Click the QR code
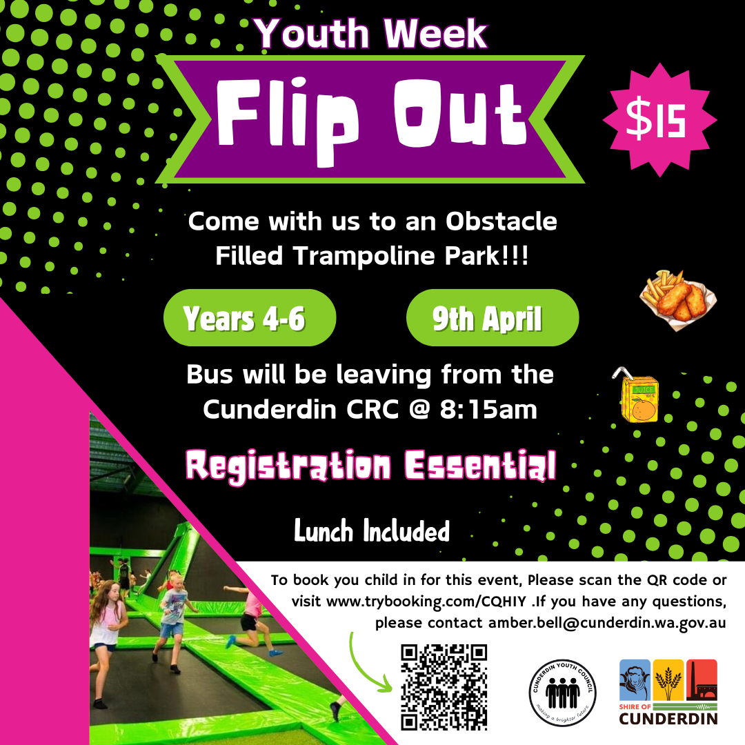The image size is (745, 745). coord(444,686)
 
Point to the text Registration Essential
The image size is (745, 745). coord(371,466)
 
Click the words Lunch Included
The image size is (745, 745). coord(372,532)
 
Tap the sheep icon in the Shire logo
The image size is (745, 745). coord(635,679)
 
